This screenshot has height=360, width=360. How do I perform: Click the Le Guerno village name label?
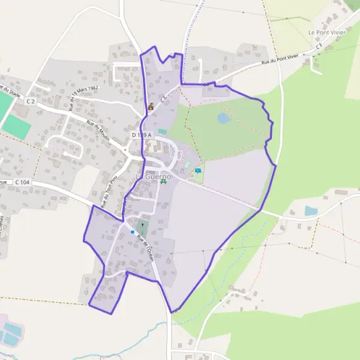coord(153,176)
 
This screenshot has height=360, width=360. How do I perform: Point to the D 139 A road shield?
coord(142,136)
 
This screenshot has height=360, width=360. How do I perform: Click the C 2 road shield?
coord(31,103)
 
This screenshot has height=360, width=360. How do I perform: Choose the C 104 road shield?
coord(22,182)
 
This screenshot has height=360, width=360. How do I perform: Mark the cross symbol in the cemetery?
coord(142,227)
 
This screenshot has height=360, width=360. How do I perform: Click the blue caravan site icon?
coord(198,171)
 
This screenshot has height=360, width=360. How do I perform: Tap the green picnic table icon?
coord(163,181)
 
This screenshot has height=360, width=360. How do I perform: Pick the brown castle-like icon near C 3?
coord(151,107)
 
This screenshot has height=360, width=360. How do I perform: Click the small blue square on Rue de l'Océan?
coord(132,232)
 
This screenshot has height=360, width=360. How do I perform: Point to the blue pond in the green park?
coord(223,118)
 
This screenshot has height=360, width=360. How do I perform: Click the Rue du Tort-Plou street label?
coord(109,190)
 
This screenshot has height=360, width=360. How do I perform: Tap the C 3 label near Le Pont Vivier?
coord(319,46)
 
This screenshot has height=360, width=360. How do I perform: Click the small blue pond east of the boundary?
coord(310,211)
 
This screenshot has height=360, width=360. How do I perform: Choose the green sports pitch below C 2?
coord(16,127)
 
